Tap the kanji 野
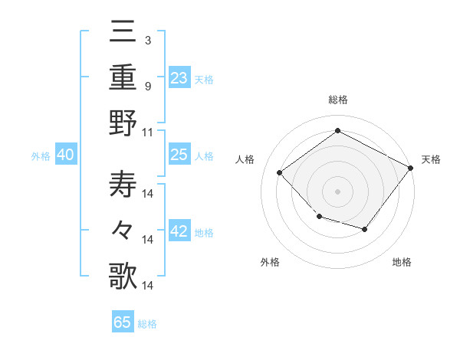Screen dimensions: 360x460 click(123, 123)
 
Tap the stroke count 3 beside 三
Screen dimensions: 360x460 click(147, 39)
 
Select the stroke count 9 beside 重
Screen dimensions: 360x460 click(147, 85)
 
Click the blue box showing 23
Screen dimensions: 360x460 click(179, 78)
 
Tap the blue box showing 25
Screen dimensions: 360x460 click(179, 155)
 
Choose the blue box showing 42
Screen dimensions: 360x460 click(179, 232)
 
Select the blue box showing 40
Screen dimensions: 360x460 click(65, 155)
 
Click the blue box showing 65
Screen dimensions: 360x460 click(122, 322)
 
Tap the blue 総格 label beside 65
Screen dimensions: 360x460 click(147, 324)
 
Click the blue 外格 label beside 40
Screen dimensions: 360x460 click(41, 156)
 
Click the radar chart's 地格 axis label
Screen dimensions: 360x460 click(402, 263)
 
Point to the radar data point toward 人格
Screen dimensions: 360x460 click(280, 172)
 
